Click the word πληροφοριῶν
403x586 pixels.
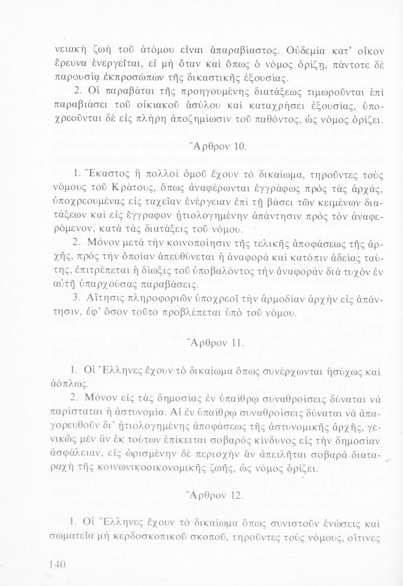165,298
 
